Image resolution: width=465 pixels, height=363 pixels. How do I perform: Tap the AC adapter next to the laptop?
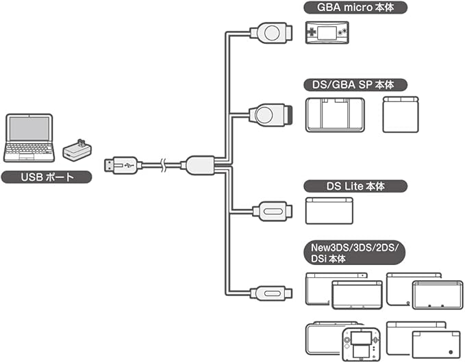coord(77,149)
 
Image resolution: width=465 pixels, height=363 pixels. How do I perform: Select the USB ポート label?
coord(47,177)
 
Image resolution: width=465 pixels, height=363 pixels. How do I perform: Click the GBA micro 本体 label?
coord(354,9)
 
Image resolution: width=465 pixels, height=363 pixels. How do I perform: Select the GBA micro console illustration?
coord(327,32)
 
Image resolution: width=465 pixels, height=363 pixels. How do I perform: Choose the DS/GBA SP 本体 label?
coord(354,85)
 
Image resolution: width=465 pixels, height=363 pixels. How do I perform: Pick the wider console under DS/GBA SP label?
coord(334,114)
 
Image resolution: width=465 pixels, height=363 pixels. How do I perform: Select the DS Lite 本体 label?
coord(354,186)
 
